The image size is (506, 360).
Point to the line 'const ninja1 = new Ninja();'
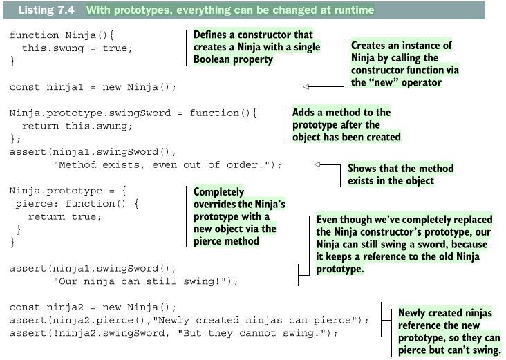[93, 87]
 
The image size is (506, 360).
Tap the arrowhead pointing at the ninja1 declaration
[306, 87]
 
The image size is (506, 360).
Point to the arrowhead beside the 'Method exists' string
[317, 164]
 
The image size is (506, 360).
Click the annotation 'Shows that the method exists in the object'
[400, 174]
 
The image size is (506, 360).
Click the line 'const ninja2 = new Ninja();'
[93, 307]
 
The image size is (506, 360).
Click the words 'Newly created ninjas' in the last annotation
[445, 313]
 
